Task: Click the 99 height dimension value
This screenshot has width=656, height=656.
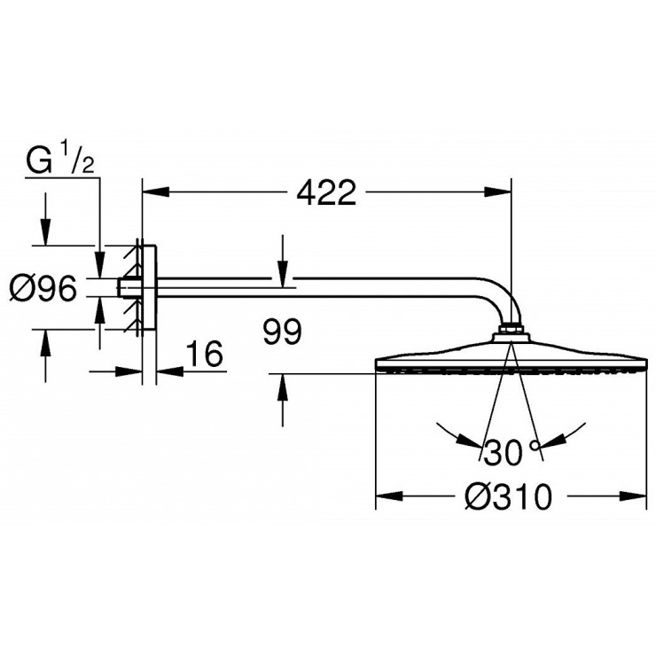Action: point(283,332)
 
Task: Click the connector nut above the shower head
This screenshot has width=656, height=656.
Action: point(511,335)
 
